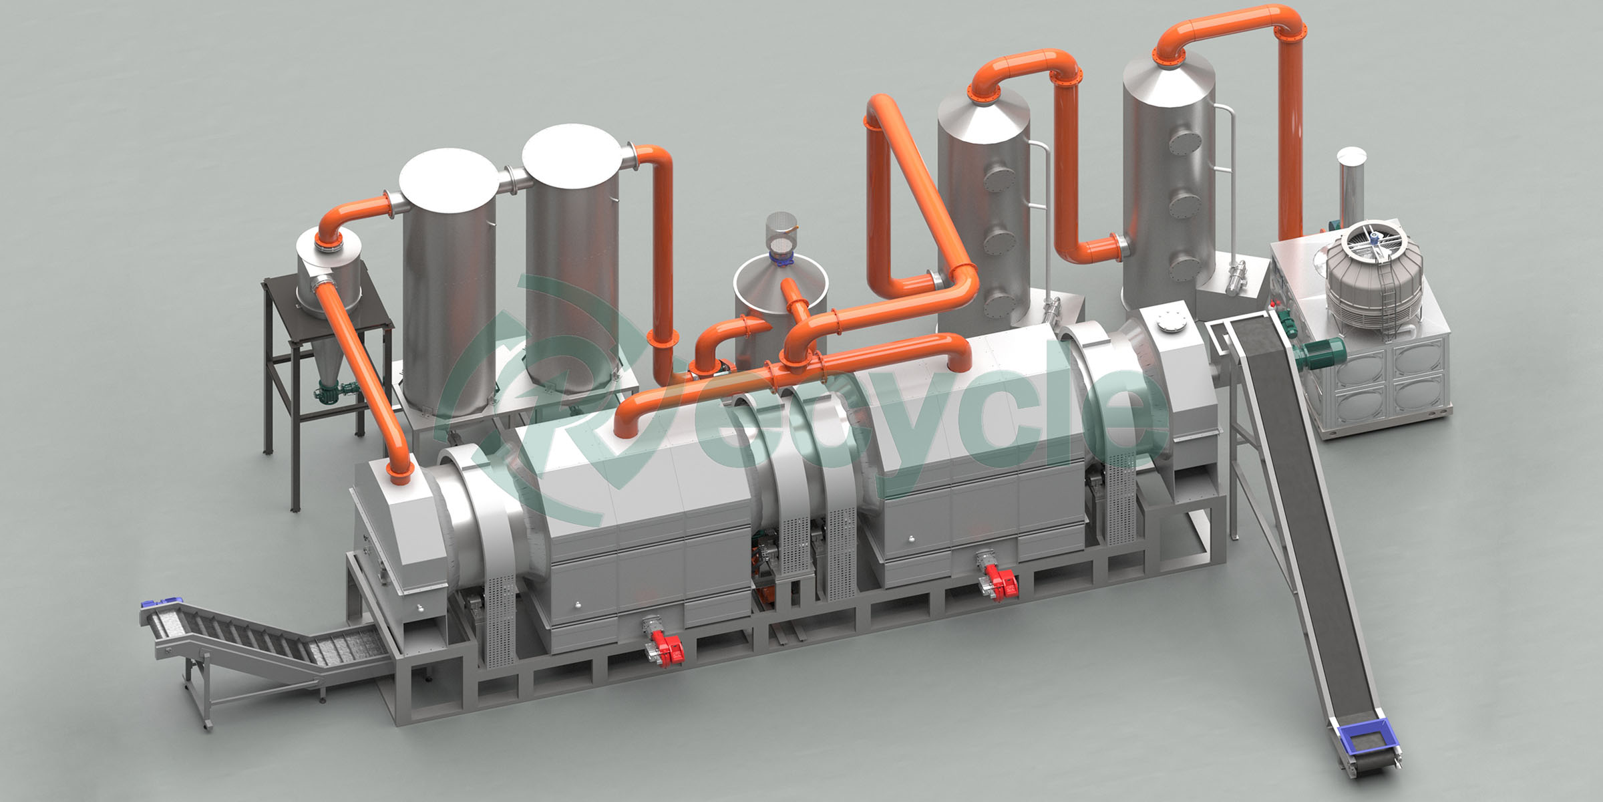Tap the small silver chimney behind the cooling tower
point(1351,184)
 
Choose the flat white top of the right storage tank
point(572,155)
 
